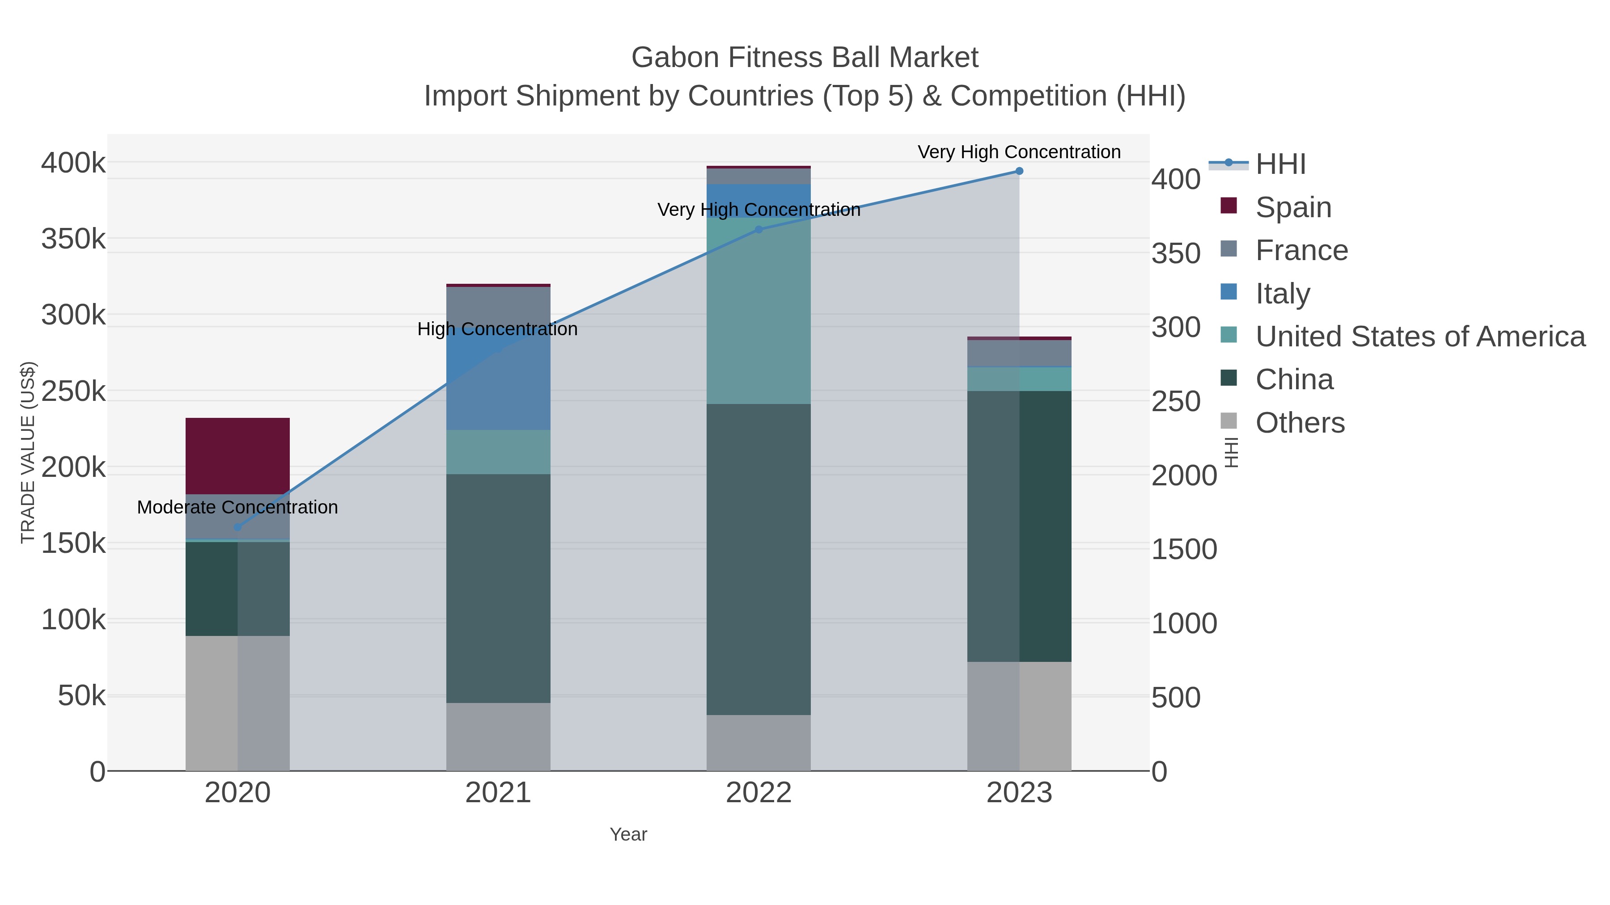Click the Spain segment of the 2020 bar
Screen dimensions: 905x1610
[237, 455]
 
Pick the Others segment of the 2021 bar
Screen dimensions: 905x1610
[498, 737]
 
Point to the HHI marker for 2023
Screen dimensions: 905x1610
[1019, 171]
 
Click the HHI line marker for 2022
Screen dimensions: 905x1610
[759, 229]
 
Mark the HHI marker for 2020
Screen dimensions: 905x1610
[237, 527]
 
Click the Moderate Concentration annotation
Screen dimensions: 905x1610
[237, 507]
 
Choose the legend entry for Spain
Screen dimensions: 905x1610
[1293, 207]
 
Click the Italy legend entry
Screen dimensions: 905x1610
[1283, 294]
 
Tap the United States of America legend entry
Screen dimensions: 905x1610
[1420, 337]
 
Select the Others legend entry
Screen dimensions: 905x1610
[1300, 423]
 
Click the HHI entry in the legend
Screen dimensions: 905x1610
[1281, 164]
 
